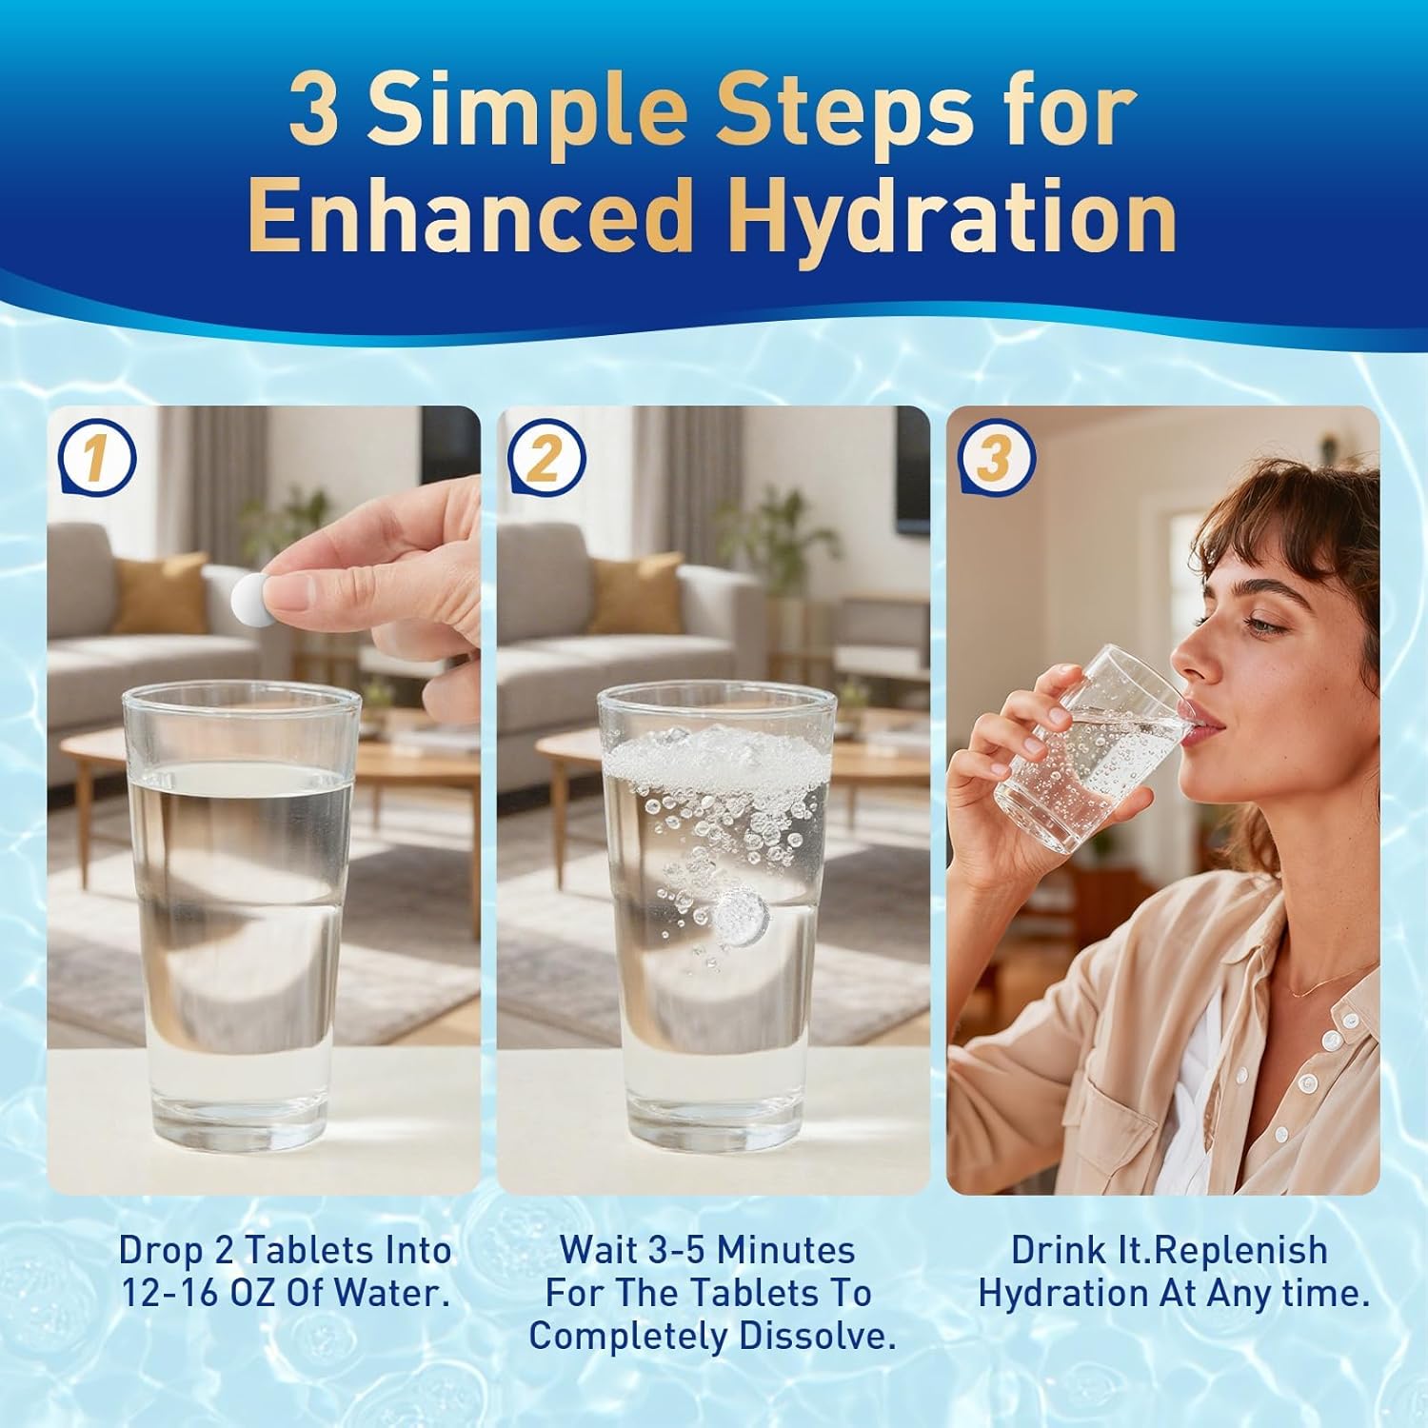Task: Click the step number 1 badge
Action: (96, 460)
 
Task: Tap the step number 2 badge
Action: (545, 460)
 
